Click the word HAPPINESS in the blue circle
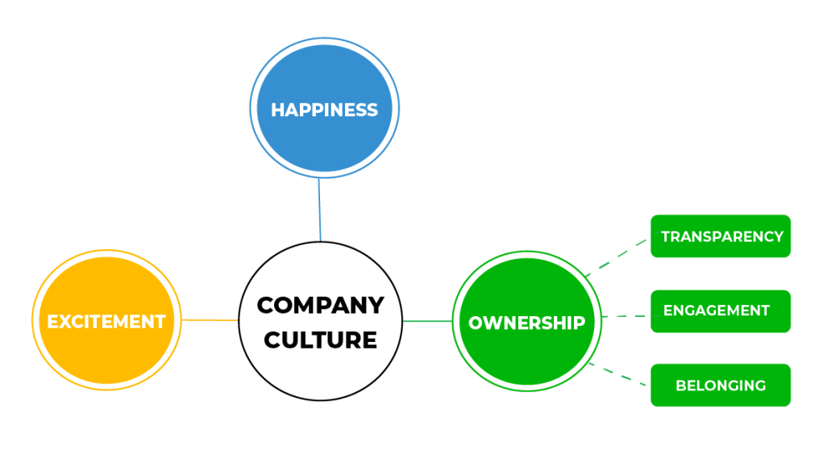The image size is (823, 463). click(x=324, y=110)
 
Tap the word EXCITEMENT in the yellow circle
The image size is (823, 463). click(x=106, y=322)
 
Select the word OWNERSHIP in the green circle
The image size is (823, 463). click(x=526, y=323)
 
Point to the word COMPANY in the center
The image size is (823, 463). click(x=320, y=306)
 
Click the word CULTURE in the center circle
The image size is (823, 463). click(x=320, y=340)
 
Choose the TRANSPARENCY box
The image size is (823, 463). click(x=721, y=236)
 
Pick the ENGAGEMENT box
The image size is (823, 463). click(x=721, y=311)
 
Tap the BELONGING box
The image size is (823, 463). click(x=721, y=385)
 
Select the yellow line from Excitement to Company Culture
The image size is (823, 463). click(x=210, y=320)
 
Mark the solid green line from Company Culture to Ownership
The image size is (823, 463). click(x=427, y=321)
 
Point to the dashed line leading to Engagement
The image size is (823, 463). click(x=624, y=316)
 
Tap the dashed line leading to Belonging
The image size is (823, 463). click(x=619, y=374)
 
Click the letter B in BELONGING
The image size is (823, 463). click(x=680, y=385)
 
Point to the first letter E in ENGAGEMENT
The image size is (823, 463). click(x=668, y=311)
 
